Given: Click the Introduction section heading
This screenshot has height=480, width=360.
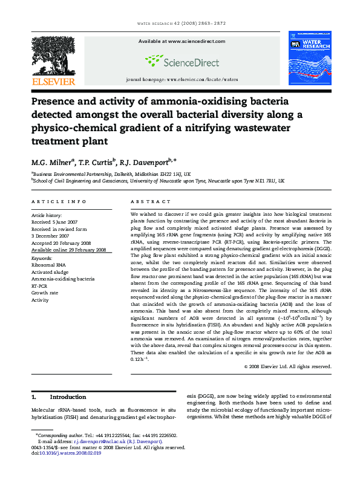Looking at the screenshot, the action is click(x=68, y=397).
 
